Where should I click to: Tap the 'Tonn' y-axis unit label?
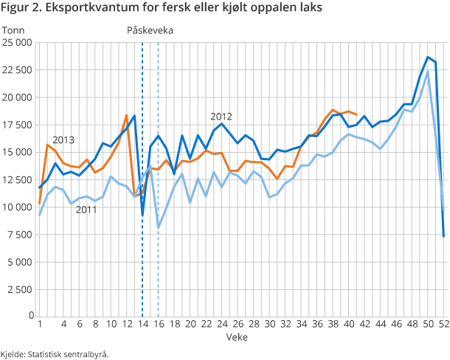[13, 30]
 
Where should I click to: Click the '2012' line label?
[221, 117]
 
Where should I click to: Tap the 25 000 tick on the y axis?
[17, 43]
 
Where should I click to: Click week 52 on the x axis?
[443, 323]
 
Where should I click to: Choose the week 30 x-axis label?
[269, 323]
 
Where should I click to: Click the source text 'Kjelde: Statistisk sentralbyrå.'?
[55, 353]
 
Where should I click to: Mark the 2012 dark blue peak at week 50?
[428, 57]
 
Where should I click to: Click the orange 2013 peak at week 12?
[127, 115]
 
